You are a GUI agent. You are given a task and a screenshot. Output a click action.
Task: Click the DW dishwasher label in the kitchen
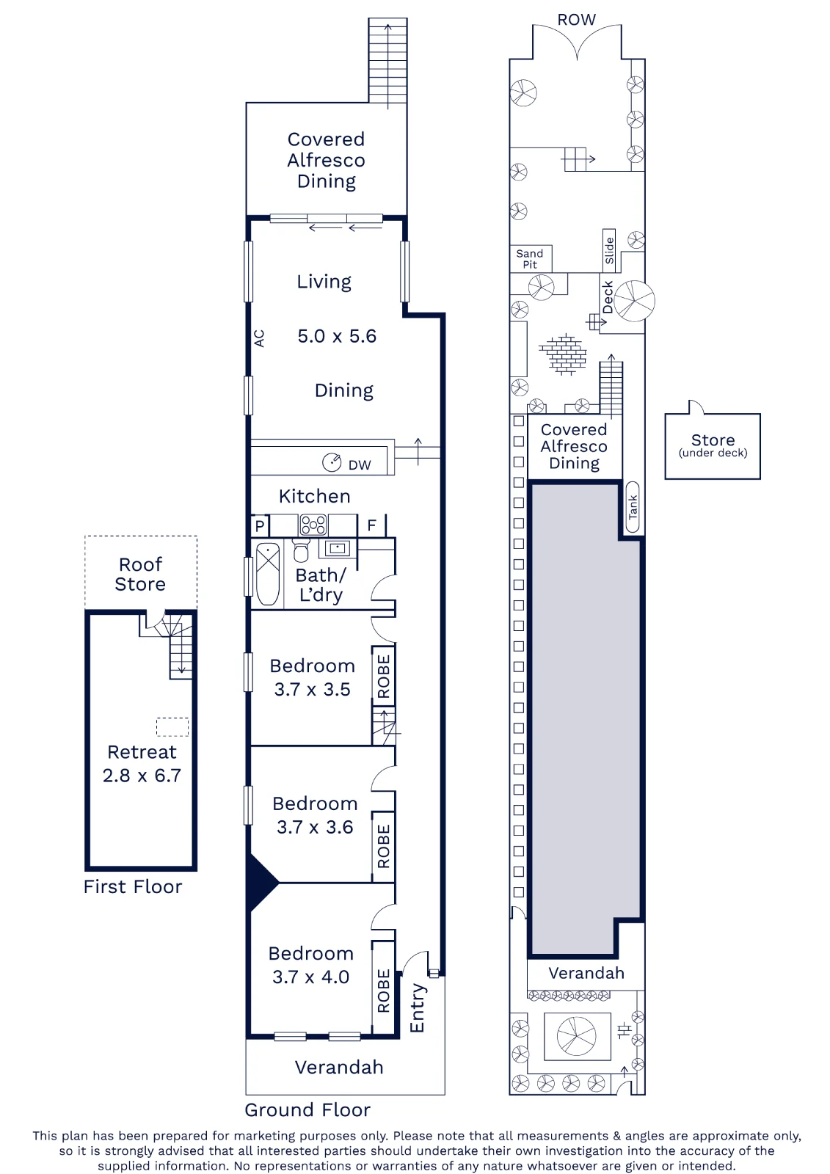pos(359,465)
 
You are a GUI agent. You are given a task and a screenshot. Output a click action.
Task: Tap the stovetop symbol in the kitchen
pos(313,525)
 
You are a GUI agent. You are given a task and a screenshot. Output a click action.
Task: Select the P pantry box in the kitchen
pos(260,525)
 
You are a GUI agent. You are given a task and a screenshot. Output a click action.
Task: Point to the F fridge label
pos(371,525)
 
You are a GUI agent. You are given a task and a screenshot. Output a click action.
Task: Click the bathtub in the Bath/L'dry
pos(268,574)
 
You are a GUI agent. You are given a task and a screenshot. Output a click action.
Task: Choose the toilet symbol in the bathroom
pos(301,551)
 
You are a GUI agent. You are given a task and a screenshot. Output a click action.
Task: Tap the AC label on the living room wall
pos(259,338)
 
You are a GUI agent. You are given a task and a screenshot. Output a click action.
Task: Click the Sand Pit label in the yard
pos(530,259)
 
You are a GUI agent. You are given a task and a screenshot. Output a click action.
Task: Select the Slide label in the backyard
pos(608,250)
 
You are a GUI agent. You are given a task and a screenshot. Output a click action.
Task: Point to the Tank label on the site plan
pos(633,507)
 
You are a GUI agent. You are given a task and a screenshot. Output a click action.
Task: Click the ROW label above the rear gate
pos(576,20)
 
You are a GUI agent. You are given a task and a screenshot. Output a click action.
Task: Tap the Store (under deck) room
pos(713,446)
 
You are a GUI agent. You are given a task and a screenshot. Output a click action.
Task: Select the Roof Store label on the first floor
pos(140,574)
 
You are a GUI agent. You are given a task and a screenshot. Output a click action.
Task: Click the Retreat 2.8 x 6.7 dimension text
pos(142,775)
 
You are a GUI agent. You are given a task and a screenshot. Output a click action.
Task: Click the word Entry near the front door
pos(418,1007)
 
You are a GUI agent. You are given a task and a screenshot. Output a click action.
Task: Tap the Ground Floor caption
pos(307,1109)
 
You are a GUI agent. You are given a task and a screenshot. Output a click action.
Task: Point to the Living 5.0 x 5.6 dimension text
pos(337,336)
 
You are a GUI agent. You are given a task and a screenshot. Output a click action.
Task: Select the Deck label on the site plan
pos(608,297)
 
